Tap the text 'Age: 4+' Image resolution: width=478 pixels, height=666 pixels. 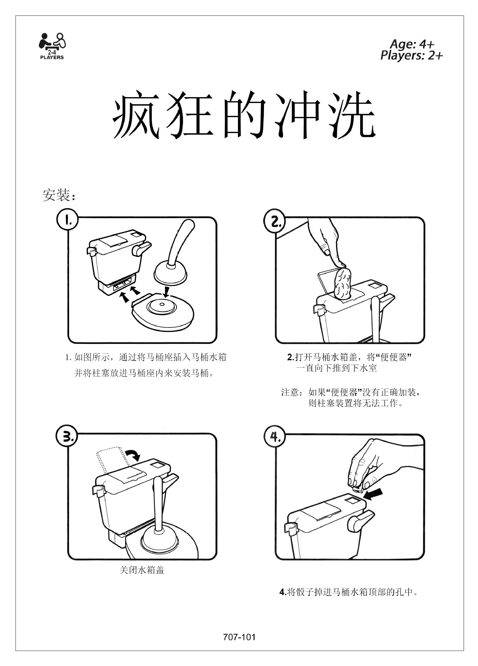tap(412, 44)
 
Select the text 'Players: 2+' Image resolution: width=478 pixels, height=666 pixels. tap(412, 55)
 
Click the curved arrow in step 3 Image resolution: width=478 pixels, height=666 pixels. tap(132, 454)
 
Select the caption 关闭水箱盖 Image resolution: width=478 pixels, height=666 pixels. tap(142, 570)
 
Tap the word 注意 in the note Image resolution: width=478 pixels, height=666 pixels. tap(290, 392)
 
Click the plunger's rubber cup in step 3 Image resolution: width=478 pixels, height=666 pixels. tap(159, 539)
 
